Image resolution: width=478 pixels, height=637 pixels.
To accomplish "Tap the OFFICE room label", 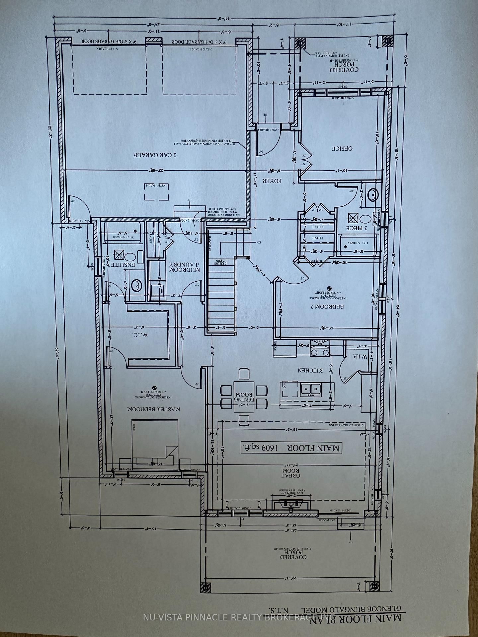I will [342, 148].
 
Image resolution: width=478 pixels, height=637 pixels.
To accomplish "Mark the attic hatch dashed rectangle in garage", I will [156, 192].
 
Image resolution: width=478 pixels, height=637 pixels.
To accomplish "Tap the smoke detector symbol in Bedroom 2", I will [329, 288].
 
